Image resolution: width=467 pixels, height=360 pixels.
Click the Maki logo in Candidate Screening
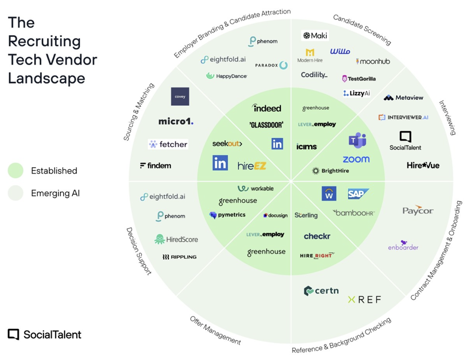tap(315, 36)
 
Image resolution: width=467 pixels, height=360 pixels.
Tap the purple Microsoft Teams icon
tap(357, 140)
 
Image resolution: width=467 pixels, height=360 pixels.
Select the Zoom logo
tap(356, 159)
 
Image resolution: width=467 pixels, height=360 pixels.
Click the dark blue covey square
tap(180, 96)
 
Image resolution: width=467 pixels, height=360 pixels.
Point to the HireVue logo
tap(423, 165)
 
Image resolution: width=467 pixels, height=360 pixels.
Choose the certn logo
tap(321, 291)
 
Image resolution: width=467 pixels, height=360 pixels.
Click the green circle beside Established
tap(15, 171)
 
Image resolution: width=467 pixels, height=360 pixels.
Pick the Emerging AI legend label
tap(55, 193)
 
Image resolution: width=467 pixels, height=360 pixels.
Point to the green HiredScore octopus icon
tap(159, 239)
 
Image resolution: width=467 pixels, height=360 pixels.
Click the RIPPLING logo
tap(180, 257)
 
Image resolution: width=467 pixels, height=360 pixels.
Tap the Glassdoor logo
tap(266, 125)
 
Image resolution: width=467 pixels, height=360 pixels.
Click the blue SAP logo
tap(358, 193)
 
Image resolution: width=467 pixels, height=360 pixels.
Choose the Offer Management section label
tap(215, 330)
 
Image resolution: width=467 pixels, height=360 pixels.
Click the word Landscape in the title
tap(46, 78)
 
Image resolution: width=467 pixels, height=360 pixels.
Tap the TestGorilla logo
tap(359, 79)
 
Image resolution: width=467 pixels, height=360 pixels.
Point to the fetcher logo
tap(168, 144)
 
